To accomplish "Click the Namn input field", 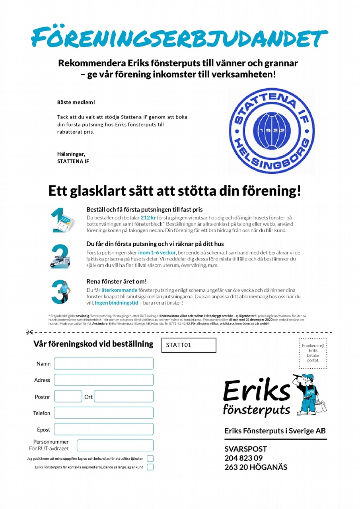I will (103, 363).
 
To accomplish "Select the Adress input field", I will (103, 380).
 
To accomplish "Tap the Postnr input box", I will (68, 396).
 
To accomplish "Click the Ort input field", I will (123, 396).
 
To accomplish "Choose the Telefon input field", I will (103, 413).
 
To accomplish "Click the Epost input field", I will (103, 429).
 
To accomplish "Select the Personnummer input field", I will (115, 445).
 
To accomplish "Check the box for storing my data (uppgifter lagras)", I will (150, 458).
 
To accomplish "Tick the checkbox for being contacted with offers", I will (150, 467).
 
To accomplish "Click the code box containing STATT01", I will (189, 345).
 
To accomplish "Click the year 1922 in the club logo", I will (269, 131).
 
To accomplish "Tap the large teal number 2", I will (60, 256).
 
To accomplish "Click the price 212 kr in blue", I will (148, 218).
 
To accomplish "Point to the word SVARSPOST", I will (245, 449).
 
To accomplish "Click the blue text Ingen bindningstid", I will (113, 303).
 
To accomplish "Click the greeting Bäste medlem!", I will (76, 102).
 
